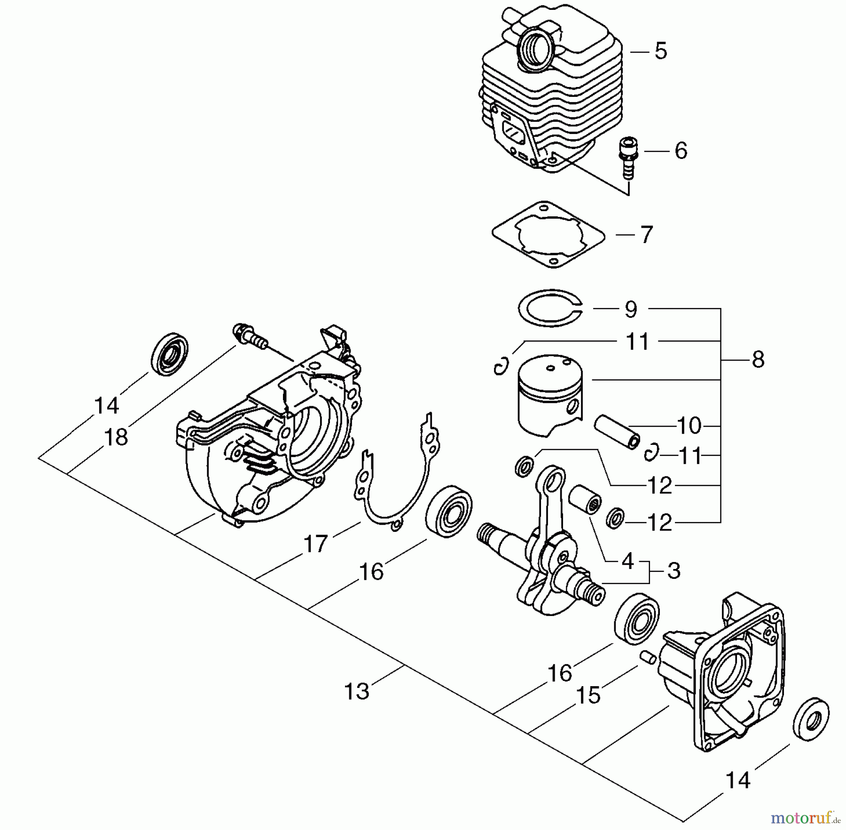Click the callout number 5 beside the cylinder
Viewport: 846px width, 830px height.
click(660, 51)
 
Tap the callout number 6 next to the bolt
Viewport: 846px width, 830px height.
click(681, 150)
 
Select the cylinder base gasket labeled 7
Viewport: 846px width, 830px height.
click(548, 235)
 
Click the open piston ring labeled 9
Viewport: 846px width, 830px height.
click(549, 308)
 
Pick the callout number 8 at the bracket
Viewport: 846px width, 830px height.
click(758, 360)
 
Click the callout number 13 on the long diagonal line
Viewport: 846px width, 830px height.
click(357, 691)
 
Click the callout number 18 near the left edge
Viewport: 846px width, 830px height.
click(116, 437)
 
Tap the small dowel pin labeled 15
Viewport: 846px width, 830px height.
click(648, 657)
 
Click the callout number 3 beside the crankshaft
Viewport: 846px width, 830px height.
click(674, 570)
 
